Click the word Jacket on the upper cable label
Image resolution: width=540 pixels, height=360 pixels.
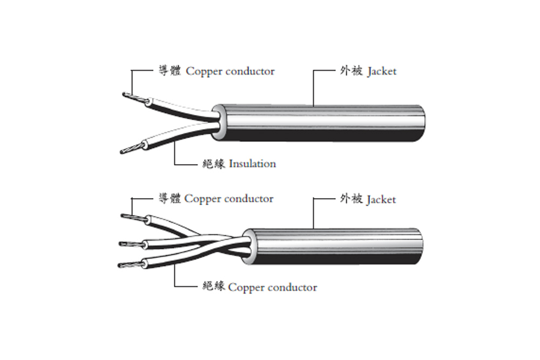[x=382, y=71]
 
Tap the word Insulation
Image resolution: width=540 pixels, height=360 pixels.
[x=252, y=164]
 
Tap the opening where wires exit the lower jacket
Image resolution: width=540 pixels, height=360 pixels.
[x=248, y=246]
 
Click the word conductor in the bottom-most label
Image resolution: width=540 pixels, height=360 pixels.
[x=292, y=287]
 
